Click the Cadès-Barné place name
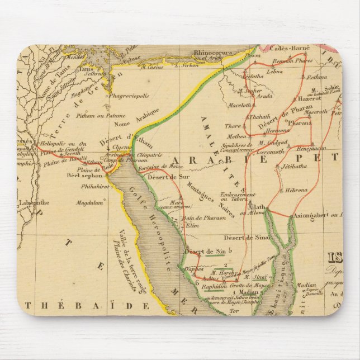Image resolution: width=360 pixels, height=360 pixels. click(x=286, y=49)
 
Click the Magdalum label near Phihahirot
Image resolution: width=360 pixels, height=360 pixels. click(x=91, y=203)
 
